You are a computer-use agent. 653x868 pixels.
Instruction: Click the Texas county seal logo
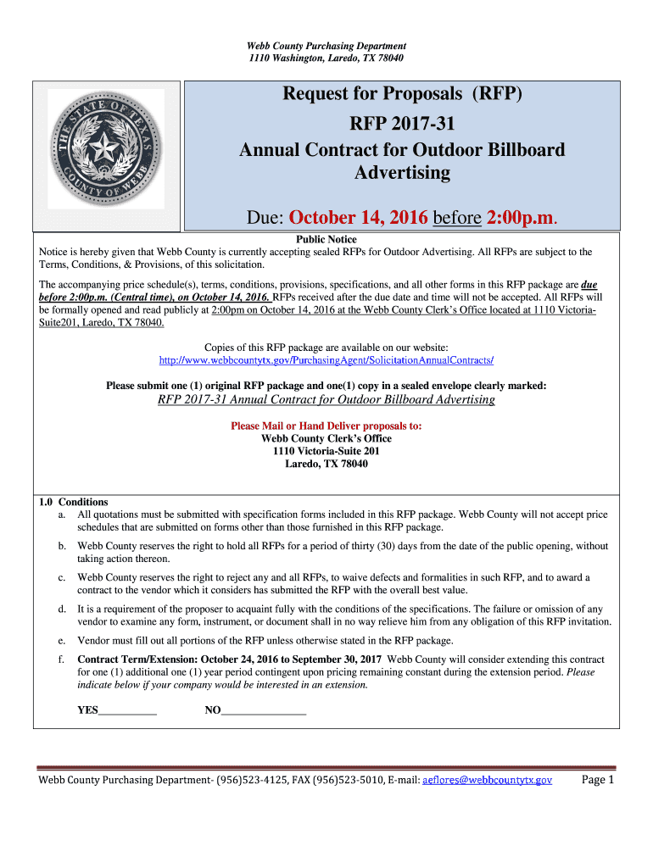point(106,149)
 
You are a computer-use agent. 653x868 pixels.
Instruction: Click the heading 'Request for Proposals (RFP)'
point(402,94)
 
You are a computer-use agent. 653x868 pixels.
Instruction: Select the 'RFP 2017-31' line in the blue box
point(402,124)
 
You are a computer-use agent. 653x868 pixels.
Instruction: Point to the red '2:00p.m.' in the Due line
point(522,219)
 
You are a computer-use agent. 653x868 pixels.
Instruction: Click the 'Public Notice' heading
point(326,240)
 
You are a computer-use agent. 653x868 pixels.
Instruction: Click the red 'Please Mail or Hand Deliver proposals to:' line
point(326,426)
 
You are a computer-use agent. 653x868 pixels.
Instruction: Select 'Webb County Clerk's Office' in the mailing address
point(326,438)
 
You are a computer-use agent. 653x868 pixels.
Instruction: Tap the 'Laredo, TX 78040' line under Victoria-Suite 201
point(326,464)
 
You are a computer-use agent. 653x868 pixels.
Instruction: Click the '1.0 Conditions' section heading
point(74,502)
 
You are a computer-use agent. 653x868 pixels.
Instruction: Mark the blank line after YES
point(127,710)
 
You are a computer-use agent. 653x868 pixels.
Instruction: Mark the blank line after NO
point(263,710)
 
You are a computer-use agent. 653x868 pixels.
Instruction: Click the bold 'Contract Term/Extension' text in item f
point(143,659)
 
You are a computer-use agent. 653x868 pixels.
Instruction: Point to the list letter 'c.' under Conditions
point(62,577)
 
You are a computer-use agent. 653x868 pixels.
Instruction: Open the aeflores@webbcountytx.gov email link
point(487,780)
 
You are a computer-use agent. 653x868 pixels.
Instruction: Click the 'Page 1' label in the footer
point(598,780)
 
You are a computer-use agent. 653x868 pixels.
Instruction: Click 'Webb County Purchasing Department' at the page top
point(326,46)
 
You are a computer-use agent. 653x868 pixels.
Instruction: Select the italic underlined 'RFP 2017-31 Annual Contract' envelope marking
point(326,399)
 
